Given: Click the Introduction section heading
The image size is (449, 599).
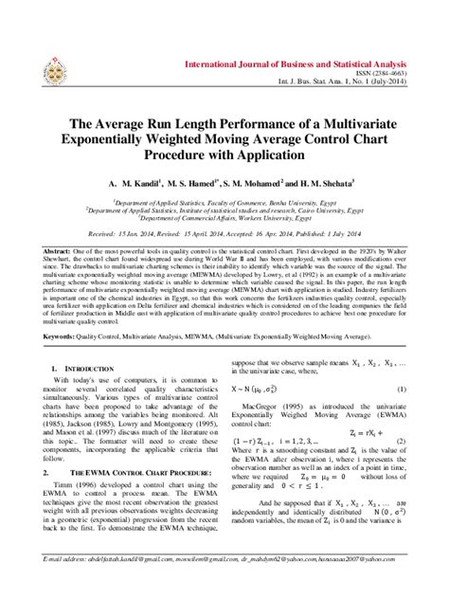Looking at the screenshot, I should point(94,365).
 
